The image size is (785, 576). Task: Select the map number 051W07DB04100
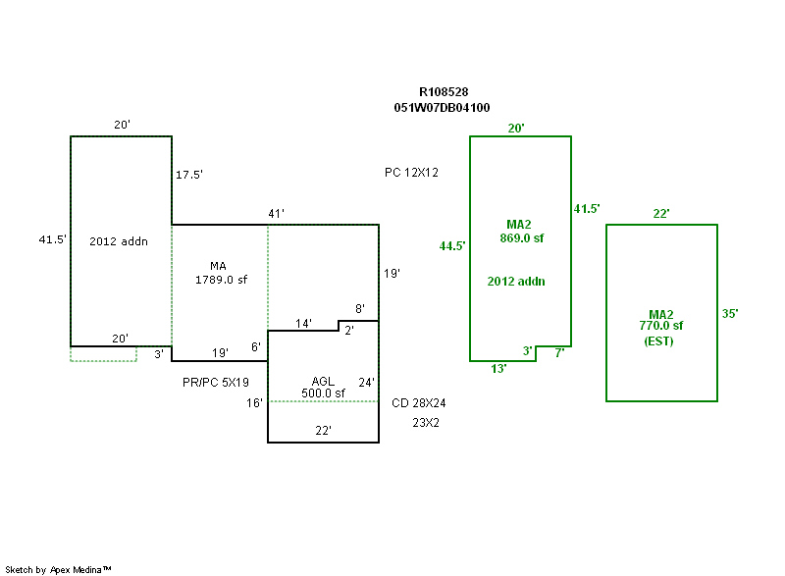coord(442,108)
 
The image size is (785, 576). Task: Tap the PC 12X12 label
coord(411,173)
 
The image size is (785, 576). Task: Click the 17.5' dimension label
coord(189,175)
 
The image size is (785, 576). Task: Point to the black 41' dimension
coord(276,214)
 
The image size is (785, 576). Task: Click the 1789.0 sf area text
coord(221,280)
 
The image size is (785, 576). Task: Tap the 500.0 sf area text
coord(324,393)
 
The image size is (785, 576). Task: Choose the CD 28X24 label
coord(419,402)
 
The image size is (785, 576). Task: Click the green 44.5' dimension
coord(452,246)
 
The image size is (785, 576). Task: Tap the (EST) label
coord(659,340)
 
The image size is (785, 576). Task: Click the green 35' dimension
coord(729,314)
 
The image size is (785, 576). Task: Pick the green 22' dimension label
coord(661,214)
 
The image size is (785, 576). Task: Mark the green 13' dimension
coord(498,369)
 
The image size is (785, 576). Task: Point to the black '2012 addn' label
coord(118,241)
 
